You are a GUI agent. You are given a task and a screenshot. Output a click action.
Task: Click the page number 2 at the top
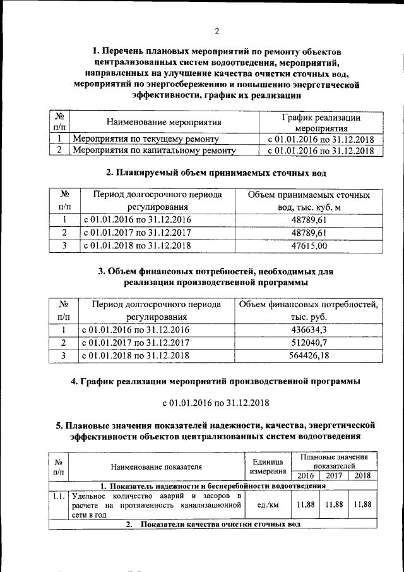tap(217, 31)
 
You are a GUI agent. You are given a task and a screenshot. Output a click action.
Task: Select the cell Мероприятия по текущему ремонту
tap(146, 138)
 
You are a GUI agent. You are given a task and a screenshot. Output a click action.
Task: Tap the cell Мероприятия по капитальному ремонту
tap(154, 150)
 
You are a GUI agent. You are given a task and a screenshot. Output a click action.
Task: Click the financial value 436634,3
tap(309, 330)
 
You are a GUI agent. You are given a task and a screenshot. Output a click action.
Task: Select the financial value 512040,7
tap(309, 343)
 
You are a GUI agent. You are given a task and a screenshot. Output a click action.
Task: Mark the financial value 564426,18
tap(309, 355)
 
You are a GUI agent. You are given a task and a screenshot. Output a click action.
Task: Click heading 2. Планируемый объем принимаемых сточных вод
tap(216, 173)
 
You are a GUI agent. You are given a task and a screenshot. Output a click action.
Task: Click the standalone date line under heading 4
tap(216, 402)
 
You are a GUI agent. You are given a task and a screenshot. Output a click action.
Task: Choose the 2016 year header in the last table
tap(306, 476)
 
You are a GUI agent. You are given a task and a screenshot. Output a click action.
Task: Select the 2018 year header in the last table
tap(363, 476)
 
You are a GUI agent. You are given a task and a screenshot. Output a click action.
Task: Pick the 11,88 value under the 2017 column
tap(334, 505)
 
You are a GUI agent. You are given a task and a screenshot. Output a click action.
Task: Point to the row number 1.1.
tap(58, 496)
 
